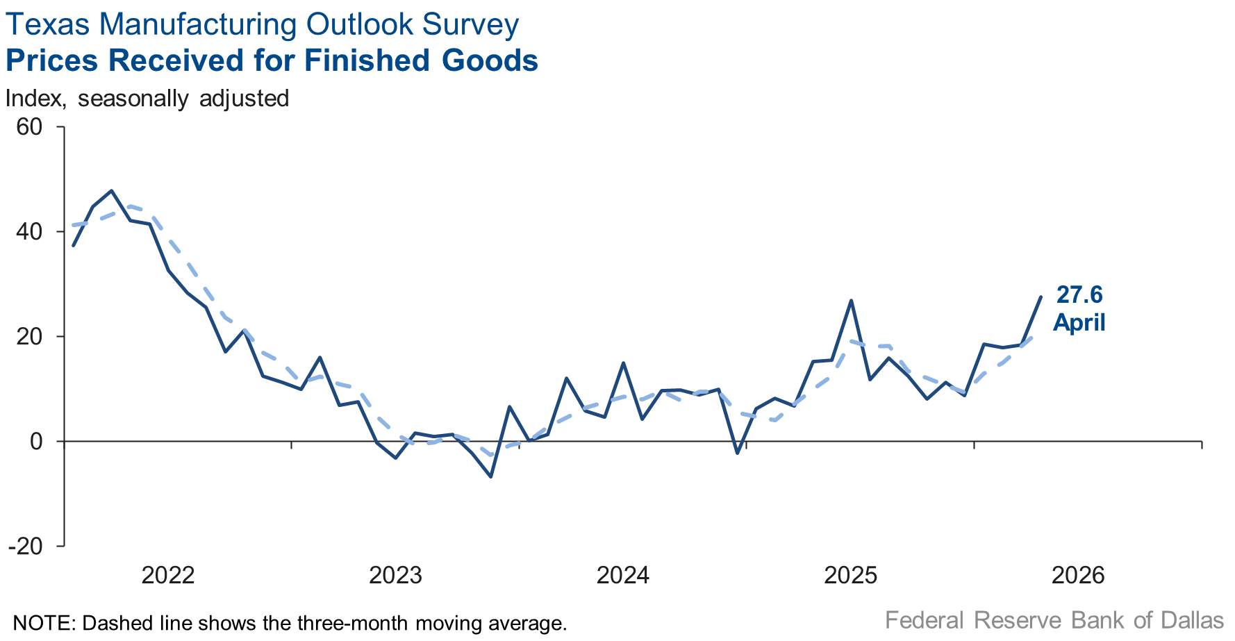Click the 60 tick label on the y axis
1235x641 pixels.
click(x=29, y=127)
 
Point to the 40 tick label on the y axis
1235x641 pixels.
click(x=29, y=232)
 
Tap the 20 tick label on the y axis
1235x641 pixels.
click(x=29, y=337)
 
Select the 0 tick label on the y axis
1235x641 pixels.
click(x=36, y=442)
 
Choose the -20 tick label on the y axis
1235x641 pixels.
click(x=26, y=547)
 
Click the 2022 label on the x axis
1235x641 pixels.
click(x=168, y=575)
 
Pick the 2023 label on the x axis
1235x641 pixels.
click(x=395, y=575)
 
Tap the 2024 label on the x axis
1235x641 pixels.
click(x=623, y=575)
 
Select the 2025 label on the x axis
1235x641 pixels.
click(x=851, y=575)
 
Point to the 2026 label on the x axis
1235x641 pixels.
click(x=1078, y=575)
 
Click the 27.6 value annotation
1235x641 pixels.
click(x=1079, y=294)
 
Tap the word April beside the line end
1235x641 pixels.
click(x=1079, y=323)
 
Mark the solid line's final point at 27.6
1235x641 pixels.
click(x=1041, y=297)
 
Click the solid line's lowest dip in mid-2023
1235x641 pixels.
click(x=491, y=476)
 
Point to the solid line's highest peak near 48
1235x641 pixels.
click(x=112, y=190)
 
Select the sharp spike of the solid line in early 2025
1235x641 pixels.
click(x=852, y=301)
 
